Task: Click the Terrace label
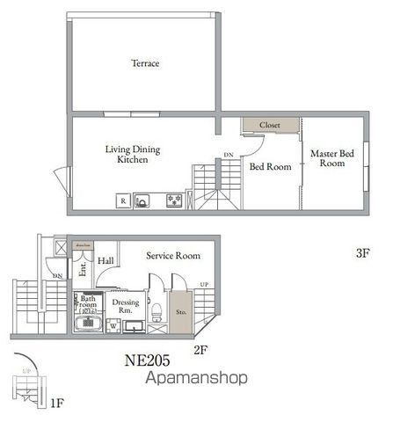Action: [x=145, y=63]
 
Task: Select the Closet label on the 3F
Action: [x=270, y=125]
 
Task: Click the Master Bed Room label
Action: [x=331, y=158]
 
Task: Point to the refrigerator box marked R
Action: [x=122, y=201]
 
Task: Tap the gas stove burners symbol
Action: [x=175, y=201]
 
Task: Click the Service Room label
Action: [x=172, y=256]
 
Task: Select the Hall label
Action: [x=106, y=261]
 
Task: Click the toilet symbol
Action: [x=156, y=309]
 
